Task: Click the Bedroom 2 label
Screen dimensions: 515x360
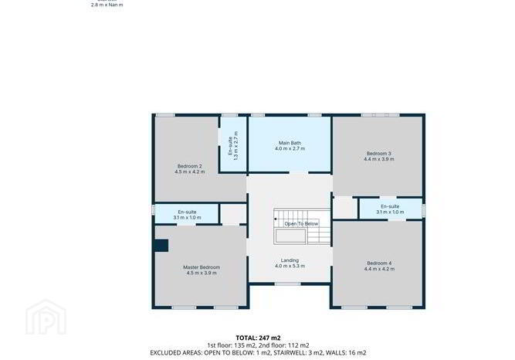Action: click(189, 166)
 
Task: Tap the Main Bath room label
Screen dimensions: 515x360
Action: click(290, 143)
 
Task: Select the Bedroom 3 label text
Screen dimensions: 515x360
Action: click(378, 154)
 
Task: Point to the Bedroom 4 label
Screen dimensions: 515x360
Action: click(379, 263)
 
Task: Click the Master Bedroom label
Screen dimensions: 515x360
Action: click(202, 267)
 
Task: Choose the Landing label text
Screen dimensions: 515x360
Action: click(290, 260)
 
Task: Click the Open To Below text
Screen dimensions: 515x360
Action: click(301, 224)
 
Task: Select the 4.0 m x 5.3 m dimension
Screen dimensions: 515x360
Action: click(290, 266)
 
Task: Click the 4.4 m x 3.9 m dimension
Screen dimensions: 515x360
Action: click(378, 159)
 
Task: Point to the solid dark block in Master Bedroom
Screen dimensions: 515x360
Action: click(161, 246)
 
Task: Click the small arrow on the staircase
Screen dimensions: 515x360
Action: click(275, 219)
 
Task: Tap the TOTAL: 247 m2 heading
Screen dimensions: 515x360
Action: click(258, 338)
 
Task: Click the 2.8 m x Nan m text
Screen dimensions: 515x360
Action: click(107, 5)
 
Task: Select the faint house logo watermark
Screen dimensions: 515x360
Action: click(46, 317)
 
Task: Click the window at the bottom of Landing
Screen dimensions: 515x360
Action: click(288, 284)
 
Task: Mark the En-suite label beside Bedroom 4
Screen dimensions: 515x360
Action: click(390, 206)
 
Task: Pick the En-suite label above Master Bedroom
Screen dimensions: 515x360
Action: click(187, 212)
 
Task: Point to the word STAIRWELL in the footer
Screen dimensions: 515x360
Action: click(293, 353)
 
